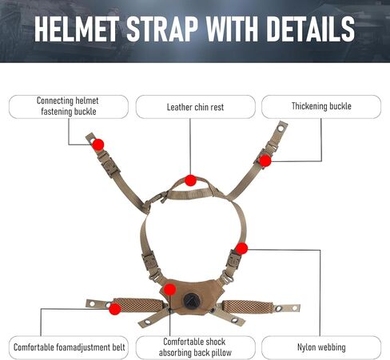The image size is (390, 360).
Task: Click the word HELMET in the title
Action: pos(77,29)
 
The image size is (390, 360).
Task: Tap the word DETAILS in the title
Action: pos(310,29)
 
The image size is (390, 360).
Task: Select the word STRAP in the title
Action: pos(162,29)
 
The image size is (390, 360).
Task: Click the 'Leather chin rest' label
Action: pos(195,107)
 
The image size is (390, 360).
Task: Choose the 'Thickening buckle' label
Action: pos(321,106)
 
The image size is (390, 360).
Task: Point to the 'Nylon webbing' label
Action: pos(321,347)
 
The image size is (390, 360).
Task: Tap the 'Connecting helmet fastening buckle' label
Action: pos(68,106)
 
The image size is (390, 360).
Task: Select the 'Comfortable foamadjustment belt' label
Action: pos(69,347)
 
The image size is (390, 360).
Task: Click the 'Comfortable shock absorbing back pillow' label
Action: pos(195,347)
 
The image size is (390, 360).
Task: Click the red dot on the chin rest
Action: pos(190,180)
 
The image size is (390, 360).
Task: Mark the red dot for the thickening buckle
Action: pos(265,160)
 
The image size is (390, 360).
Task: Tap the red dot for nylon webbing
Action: pos(241,248)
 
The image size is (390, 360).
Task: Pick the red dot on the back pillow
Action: pos(169,290)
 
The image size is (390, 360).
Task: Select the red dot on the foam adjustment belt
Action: pos(115,309)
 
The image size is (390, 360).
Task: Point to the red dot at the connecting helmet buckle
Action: pos(98,144)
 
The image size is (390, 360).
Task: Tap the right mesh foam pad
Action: pos(248,307)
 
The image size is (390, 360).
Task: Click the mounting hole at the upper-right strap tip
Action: pos(281,129)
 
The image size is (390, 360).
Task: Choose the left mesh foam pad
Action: pos(139,305)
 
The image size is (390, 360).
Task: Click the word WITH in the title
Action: pos(232,29)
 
